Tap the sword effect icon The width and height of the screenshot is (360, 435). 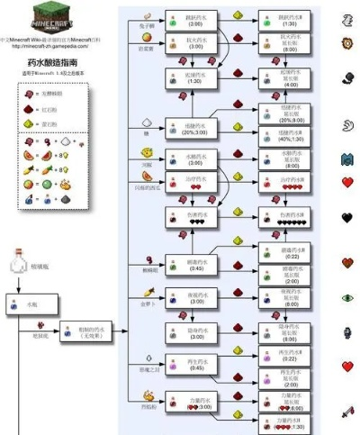pyautogui.click(x=347, y=412)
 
